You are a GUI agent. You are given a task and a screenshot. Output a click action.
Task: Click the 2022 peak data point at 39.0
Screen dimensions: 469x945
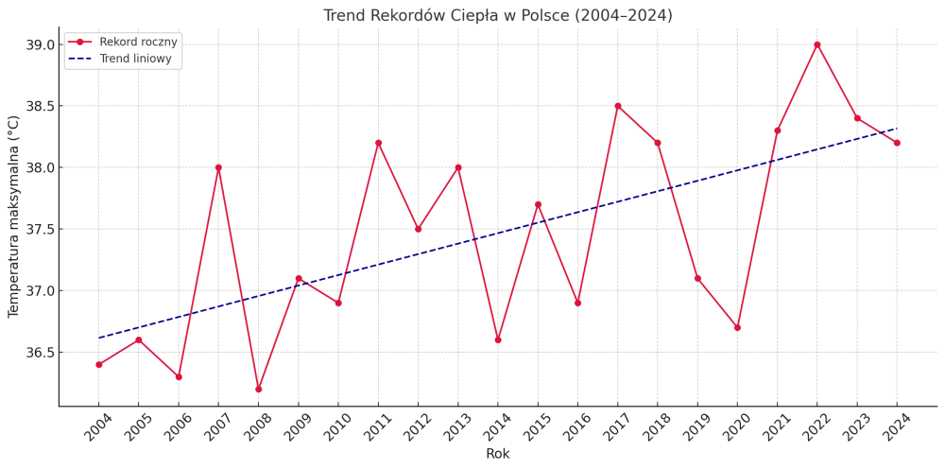(x=817, y=44)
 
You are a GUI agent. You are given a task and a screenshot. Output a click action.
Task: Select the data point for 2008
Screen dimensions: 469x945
(x=258, y=389)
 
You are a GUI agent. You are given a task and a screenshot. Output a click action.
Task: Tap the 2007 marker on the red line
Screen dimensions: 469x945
(x=218, y=167)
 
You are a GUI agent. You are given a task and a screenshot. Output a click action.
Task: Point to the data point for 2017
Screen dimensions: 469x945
(x=618, y=106)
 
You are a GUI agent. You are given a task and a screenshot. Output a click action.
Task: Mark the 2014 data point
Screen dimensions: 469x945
(x=498, y=339)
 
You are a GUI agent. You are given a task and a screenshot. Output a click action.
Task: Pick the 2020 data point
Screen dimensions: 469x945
(x=737, y=327)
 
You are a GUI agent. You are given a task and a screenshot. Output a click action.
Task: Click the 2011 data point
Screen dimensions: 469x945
(x=378, y=143)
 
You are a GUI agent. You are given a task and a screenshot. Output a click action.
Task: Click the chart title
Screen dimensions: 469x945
(x=498, y=16)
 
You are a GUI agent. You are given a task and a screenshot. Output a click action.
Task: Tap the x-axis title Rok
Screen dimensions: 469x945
(x=498, y=454)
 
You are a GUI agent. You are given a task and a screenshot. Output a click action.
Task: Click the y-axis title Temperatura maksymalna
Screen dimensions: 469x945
(x=14, y=217)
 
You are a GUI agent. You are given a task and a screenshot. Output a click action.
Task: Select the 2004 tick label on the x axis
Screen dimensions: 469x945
(x=97, y=426)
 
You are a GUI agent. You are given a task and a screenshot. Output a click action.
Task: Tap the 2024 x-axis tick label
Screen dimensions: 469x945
(x=896, y=426)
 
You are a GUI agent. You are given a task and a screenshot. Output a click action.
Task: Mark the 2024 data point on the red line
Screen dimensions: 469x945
(x=897, y=143)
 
